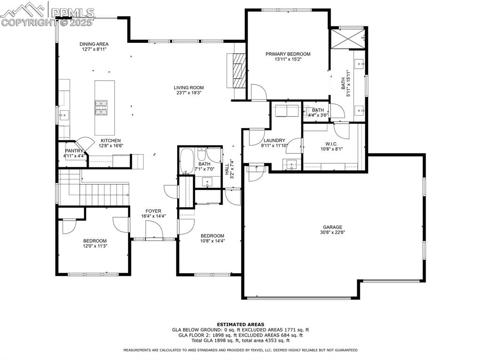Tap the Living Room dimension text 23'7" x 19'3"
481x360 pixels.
pos(189,93)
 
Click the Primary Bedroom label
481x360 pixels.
pos(287,54)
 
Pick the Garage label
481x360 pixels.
pos(332,227)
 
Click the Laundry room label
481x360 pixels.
pos(274,140)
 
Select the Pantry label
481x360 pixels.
pos(74,151)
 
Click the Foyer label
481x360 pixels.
pos(154,211)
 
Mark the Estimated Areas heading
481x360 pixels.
pos(240,324)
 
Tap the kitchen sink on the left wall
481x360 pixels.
pos(63,114)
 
